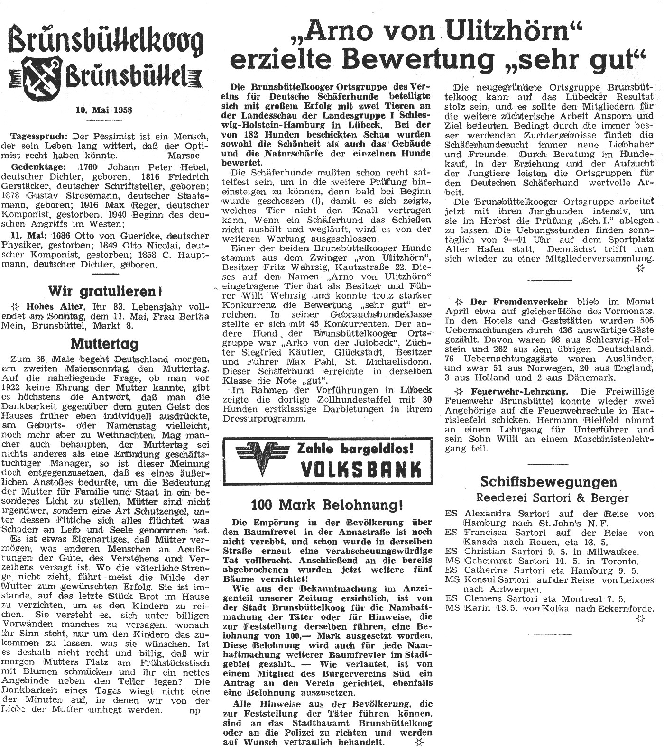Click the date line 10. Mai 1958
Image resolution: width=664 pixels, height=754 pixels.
tap(103, 110)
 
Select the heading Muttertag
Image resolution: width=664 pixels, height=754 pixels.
tap(104, 343)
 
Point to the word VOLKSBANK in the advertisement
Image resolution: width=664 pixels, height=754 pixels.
tap(361, 469)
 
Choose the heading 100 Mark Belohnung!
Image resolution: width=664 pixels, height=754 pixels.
tap(327, 504)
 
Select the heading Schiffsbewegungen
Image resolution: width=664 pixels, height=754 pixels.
tap(549, 482)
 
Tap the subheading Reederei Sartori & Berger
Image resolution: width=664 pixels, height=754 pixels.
tap(552, 497)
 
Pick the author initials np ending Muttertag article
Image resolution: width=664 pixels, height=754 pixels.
tap(194, 710)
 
